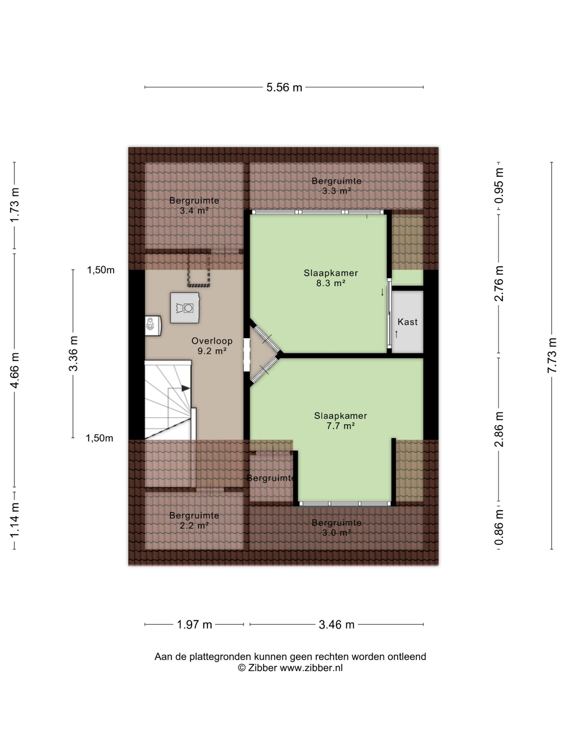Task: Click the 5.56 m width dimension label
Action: [284, 87]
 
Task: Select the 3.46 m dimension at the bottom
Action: [336, 624]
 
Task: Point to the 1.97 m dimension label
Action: [194, 624]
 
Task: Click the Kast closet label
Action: [407, 322]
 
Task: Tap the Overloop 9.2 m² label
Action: [212, 346]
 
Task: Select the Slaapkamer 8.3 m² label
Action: [330, 278]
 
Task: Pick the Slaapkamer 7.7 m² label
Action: [340, 421]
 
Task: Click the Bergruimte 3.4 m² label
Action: [194, 206]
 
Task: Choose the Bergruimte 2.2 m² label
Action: [194, 520]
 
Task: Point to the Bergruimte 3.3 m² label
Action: [336, 186]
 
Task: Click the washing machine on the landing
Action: [185, 307]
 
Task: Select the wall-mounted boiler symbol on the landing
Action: [153, 325]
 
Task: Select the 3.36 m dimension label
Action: [73, 353]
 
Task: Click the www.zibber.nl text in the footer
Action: [311, 668]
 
